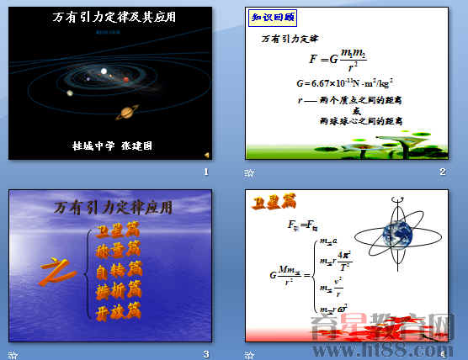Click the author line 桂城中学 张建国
[x=112, y=145]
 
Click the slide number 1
[x=205, y=172]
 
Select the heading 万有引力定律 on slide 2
[x=290, y=39]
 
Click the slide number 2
[x=442, y=172]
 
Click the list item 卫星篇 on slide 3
[x=118, y=230]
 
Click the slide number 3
[x=205, y=352]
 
